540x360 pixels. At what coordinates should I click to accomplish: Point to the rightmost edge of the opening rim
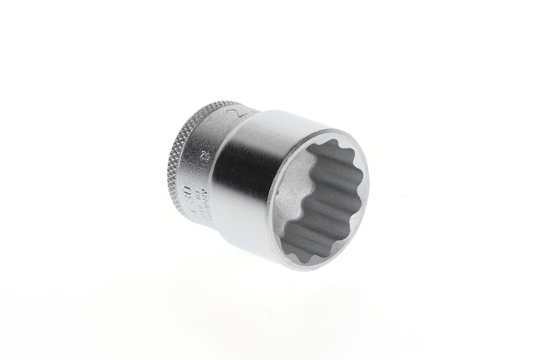[368, 180]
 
